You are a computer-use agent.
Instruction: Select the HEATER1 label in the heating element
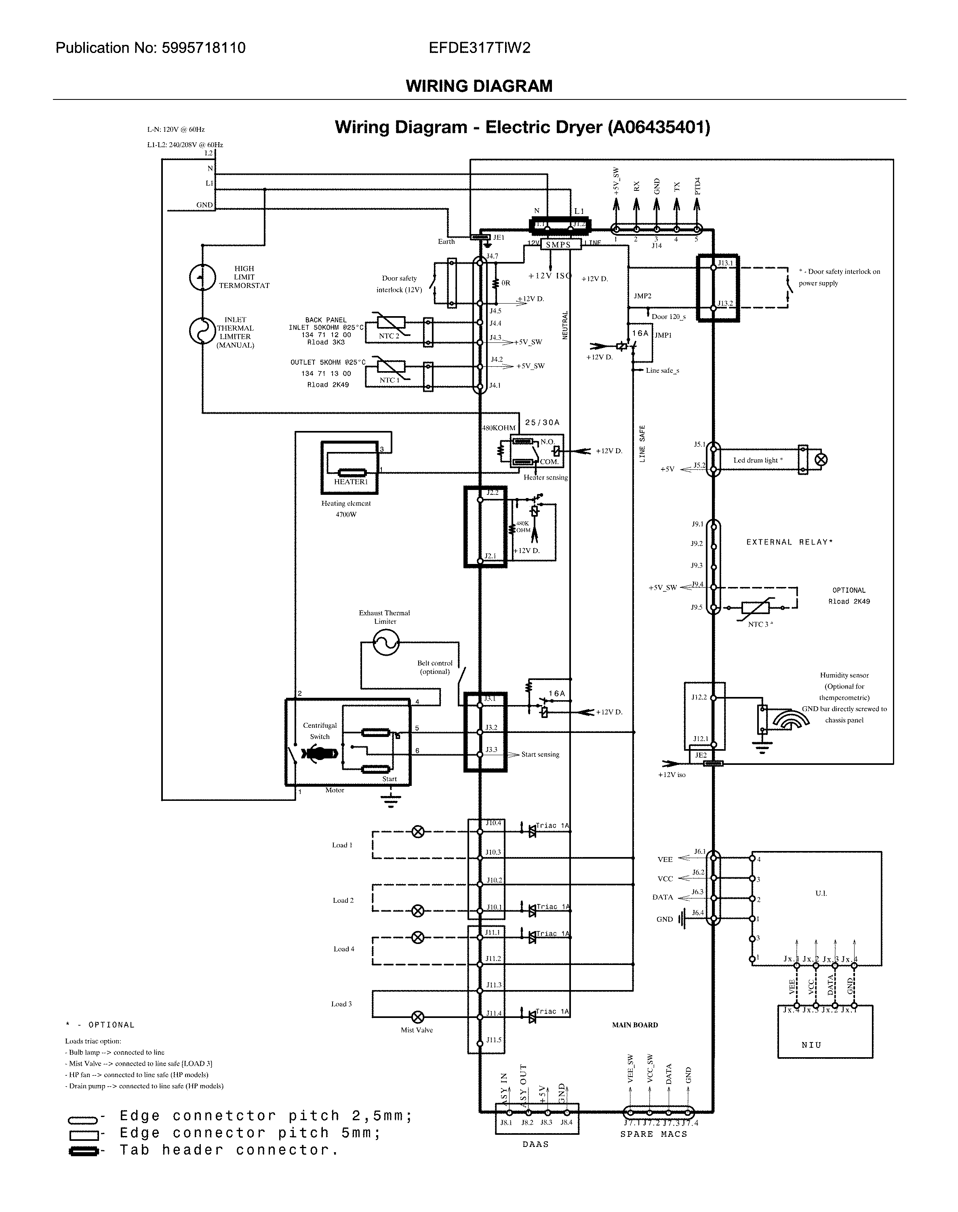coord(351,481)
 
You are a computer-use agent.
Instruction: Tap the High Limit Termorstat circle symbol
coord(202,277)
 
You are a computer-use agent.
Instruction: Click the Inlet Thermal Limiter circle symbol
coord(202,331)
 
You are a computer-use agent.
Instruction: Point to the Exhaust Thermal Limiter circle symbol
coord(386,642)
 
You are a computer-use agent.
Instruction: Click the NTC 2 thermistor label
coord(389,336)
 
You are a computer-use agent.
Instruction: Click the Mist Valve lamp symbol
coord(418,1017)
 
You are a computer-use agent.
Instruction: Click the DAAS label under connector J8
coord(536,1144)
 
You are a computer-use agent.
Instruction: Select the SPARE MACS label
coord(653,1134)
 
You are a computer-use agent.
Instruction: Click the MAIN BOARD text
coord(635,1024)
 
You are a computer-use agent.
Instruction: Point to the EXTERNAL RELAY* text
coord(789,542)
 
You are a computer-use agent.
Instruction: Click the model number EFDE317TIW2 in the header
coord(479,48)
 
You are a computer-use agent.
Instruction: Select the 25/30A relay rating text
coord(542,422)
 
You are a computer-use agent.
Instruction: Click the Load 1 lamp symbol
coord(418,832)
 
